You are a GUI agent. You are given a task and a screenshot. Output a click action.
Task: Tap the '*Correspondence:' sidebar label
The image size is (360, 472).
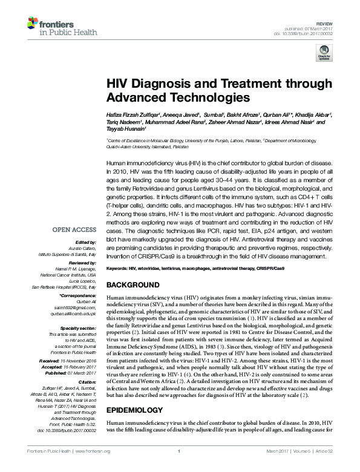click(x=79, y=295)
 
